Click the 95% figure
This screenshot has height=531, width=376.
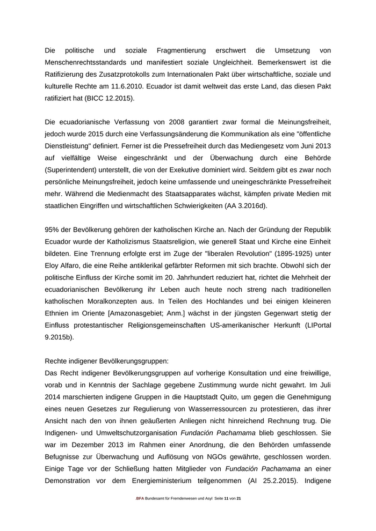(x=52, y=230)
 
